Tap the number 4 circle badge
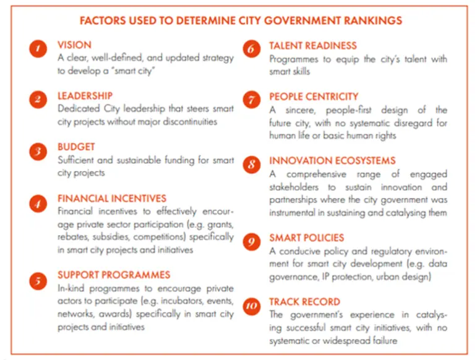click(x=38, y=203)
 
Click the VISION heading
click(x=74, y=45)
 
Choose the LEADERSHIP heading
click(x=85, y=96)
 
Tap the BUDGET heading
click(x=76, y=147)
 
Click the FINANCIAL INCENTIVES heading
click(x=111, y=199)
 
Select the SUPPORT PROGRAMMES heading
click(x=114, y=275)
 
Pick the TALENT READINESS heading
click(x=312, y=46)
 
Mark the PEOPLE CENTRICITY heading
click(x=314, y=96)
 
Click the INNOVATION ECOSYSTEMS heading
click(x=332, y=161)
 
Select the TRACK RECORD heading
click(x=304, y=302)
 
